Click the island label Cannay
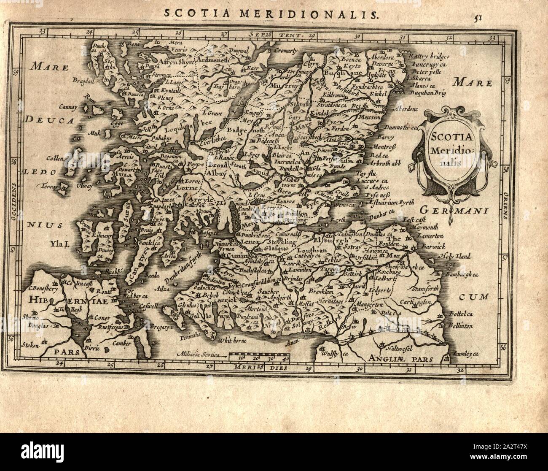pos(69,107)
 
